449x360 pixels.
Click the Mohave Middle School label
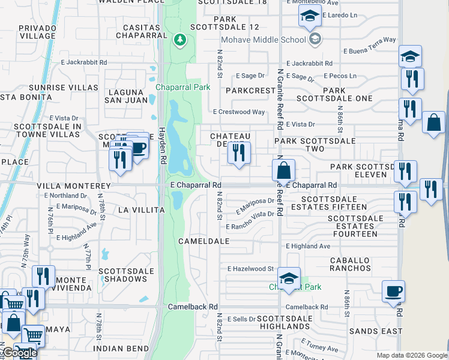[x=264, y=40]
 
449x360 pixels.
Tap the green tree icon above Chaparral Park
[x=179, y=40]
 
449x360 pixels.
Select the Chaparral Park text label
[x=183, y=87]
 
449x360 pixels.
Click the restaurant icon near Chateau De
[x=239, y=153]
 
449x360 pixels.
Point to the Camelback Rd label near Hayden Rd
[x=192, y=307]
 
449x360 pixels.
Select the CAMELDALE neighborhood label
[x=204, y=241]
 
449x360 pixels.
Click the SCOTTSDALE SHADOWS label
[x=127, y=275]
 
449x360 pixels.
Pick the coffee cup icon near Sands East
[x=393, y=292]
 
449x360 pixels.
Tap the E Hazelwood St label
[x=250, y=269]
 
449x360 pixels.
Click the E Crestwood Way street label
[x=239, y=112]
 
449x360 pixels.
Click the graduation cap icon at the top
[x=310, y=16]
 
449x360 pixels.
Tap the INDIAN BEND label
[x=121, y=349]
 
